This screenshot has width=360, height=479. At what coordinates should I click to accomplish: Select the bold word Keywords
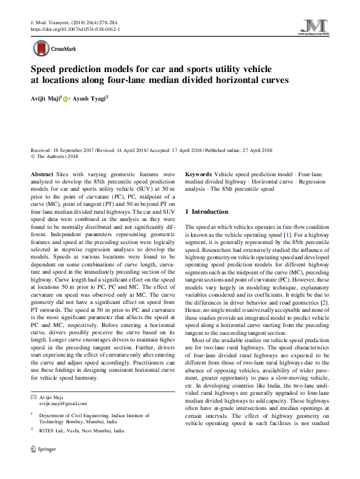point(198,173)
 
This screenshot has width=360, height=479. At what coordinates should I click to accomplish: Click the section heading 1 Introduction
point(206,212)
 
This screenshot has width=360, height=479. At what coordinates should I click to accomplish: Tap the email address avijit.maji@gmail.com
point(63,403)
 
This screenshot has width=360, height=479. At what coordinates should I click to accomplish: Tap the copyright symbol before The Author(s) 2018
point(33,156)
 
